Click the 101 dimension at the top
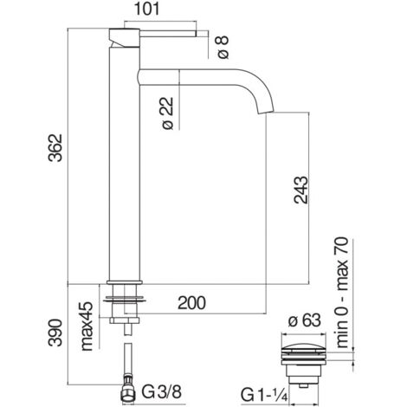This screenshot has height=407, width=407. click(x=147, y=9)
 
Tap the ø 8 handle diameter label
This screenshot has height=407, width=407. click(x=223, y=47)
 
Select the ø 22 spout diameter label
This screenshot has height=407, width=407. click(x=168, y=113)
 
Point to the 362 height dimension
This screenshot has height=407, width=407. click(x=55, y=148)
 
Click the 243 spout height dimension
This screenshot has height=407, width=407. click(x=301, y=190)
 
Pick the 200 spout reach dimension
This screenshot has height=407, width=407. click(x=192, y=303)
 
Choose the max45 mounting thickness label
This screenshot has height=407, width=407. click(x=87, y=326)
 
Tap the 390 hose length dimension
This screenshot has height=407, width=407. click(x=55, y=333)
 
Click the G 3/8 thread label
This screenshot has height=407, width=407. click(x=162, y=392)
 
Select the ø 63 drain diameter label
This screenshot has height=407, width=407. click(x=305, y=320)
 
